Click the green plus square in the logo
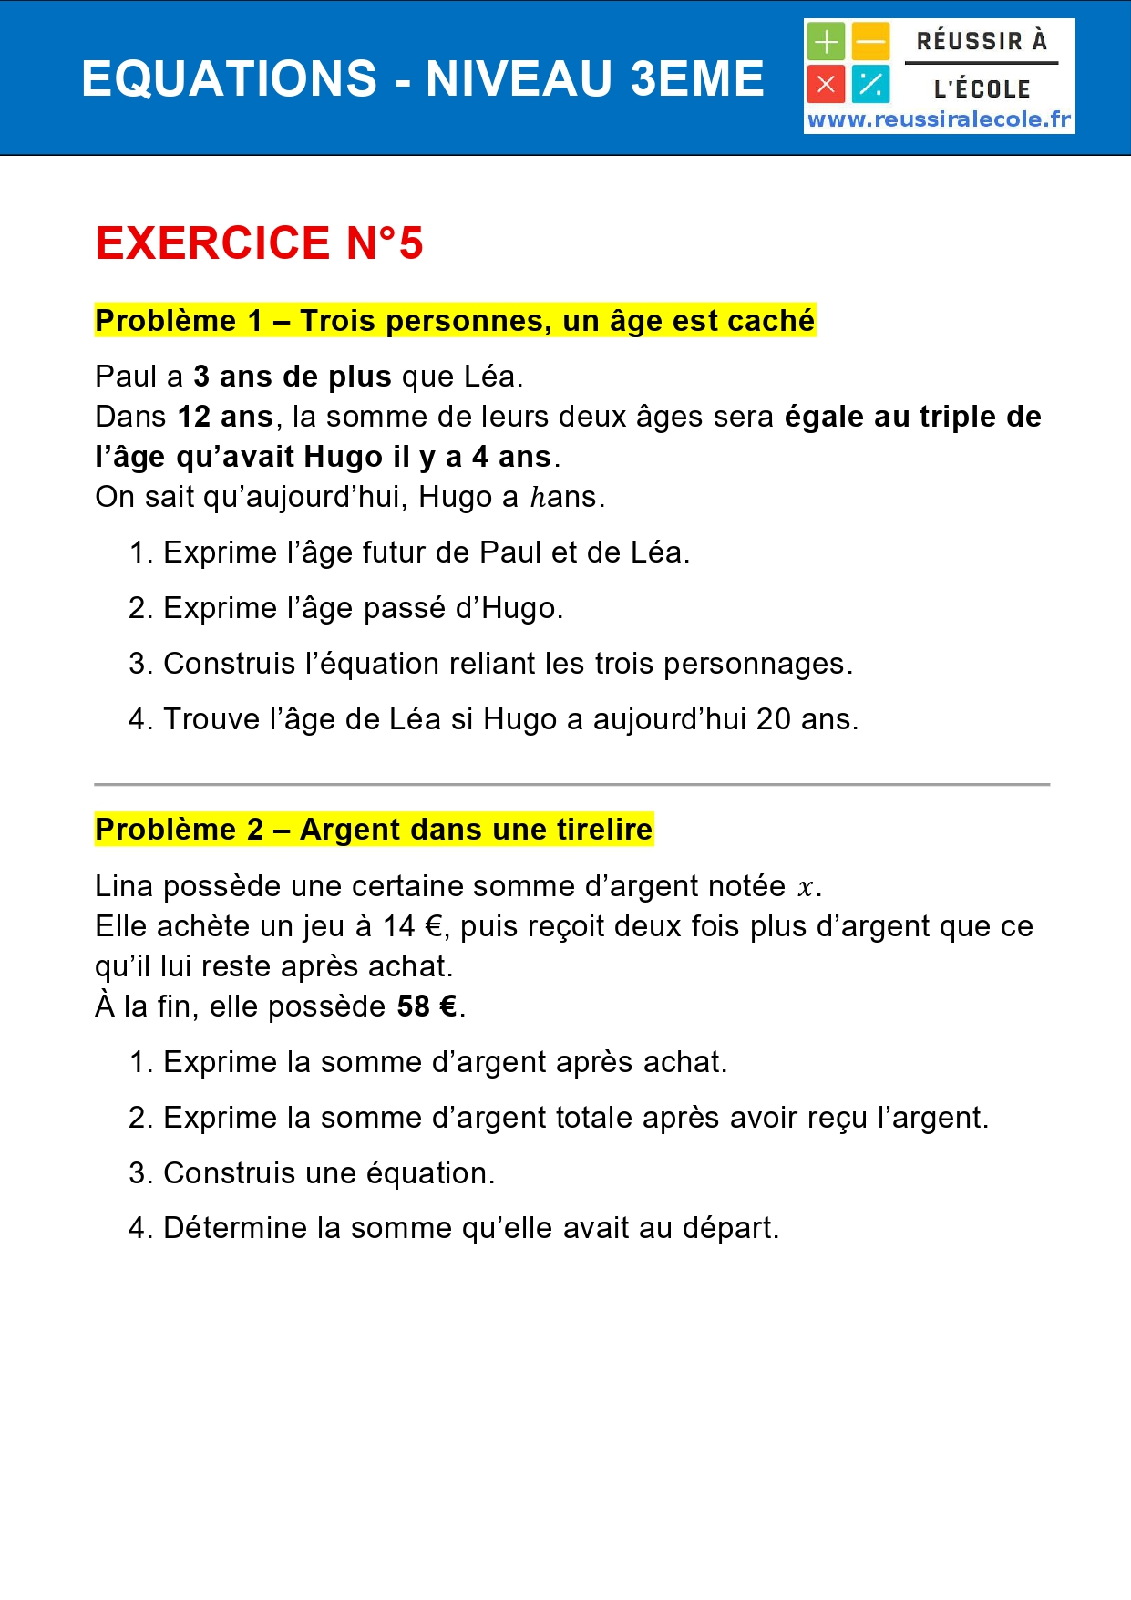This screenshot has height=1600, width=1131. (826, 42)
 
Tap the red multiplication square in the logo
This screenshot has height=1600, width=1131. (826, 85)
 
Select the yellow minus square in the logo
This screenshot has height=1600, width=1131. (871, 42)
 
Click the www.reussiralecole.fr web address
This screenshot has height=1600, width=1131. (940, 119)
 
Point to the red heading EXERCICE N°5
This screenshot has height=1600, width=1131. (259, 243)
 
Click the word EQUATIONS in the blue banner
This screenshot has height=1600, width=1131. (229, 78)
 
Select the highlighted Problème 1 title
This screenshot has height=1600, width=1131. (455, 321)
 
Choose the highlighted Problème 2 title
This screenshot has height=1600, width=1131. (374, 830)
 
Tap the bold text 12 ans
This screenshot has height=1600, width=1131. (225, 417)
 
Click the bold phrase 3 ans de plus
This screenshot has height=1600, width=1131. (292, 377)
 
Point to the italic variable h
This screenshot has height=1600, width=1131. (538, 498)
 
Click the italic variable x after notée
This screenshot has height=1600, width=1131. (805, 887)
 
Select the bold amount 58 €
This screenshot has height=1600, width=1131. (427, 1006)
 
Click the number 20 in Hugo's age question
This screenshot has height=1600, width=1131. (773, 719)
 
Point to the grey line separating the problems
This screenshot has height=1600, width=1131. (571, 784)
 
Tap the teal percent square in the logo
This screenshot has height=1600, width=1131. (871, 85)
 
